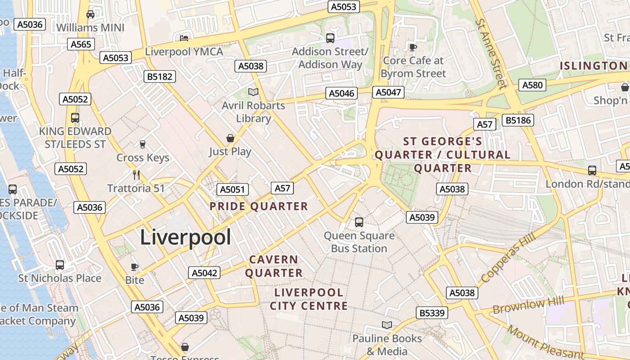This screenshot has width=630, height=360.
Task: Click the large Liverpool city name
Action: click(185, 237)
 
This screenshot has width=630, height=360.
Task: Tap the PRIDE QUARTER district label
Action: click(259, 207)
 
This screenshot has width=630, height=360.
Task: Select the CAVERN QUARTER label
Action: click(274, 266)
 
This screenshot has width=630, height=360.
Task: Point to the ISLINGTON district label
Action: click(593, 66)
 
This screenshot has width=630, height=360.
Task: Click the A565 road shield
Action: click(81, 44)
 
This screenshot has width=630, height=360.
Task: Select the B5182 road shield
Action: click(160, 76)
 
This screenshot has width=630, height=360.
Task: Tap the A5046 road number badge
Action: click(342, 93)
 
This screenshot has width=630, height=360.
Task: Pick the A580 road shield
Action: click(532, 85)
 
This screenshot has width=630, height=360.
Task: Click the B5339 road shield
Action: click(432, 313)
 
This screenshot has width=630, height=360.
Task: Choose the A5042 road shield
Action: click(204, 273)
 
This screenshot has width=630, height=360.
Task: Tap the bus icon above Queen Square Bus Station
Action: click(359, 222)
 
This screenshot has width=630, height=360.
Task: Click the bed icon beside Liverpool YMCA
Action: click(184, 38)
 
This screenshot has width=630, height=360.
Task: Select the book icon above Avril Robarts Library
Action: click(253, 92)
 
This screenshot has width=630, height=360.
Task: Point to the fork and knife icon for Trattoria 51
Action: click(136, 175)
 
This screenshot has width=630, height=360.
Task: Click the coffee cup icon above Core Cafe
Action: click(413, 47)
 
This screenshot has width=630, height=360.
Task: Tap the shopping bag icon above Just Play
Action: click(230, 138)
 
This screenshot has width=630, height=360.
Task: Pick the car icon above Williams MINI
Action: click(90, 14)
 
